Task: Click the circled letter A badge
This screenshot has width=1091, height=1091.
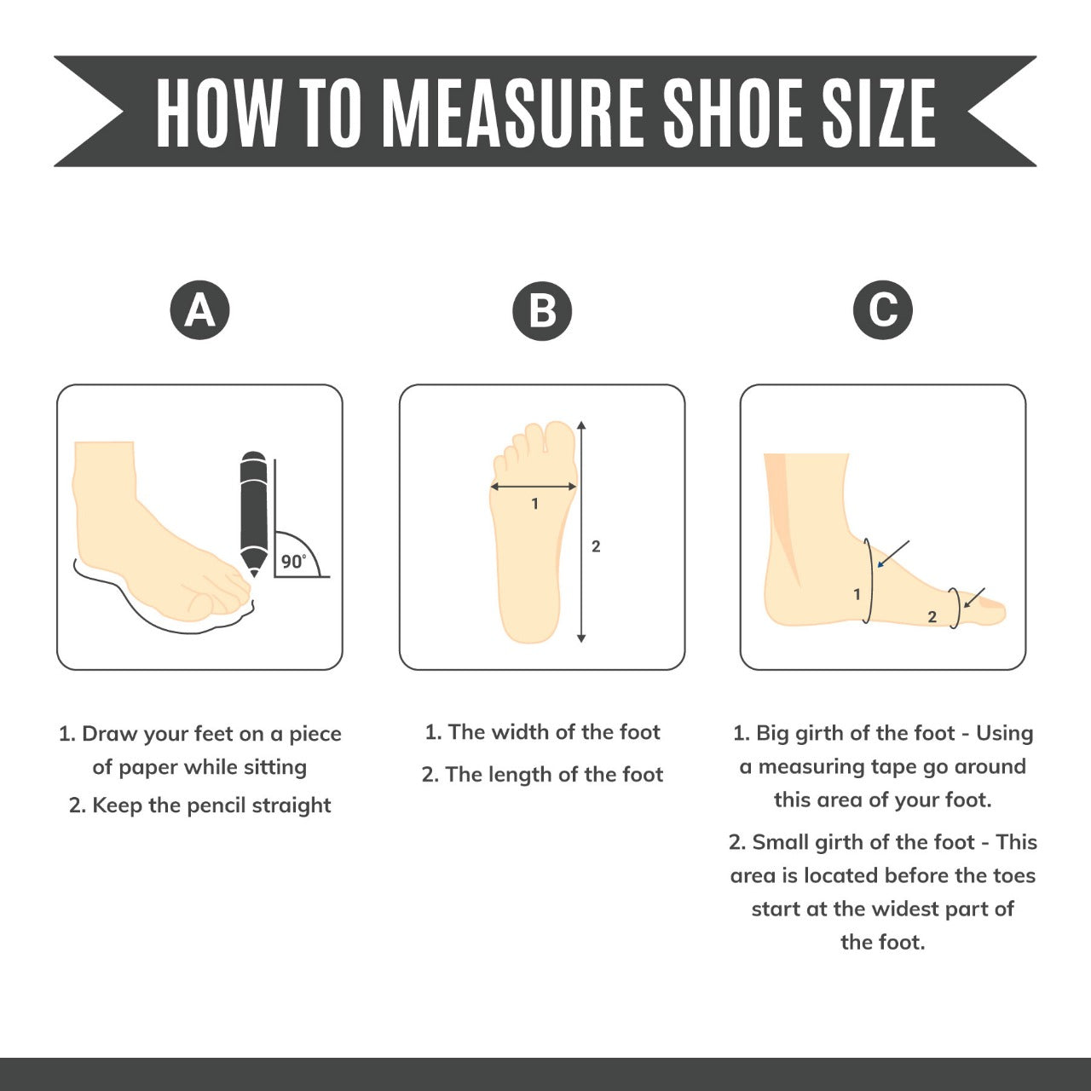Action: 199,309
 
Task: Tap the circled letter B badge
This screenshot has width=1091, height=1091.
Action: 542,310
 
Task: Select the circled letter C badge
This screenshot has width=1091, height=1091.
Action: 883,309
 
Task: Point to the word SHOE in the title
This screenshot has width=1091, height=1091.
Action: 732,113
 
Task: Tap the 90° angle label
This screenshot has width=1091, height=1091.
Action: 293,561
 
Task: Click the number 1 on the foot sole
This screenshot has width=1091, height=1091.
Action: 534,504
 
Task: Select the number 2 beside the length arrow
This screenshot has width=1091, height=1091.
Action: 596,546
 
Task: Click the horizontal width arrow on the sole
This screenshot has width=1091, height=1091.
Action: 534,487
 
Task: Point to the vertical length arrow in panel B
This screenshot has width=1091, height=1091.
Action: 581,532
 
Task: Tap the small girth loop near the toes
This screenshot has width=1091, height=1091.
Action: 956,608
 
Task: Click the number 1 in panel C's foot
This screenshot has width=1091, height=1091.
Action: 857,594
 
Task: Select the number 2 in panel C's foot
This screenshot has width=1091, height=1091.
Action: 932,616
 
